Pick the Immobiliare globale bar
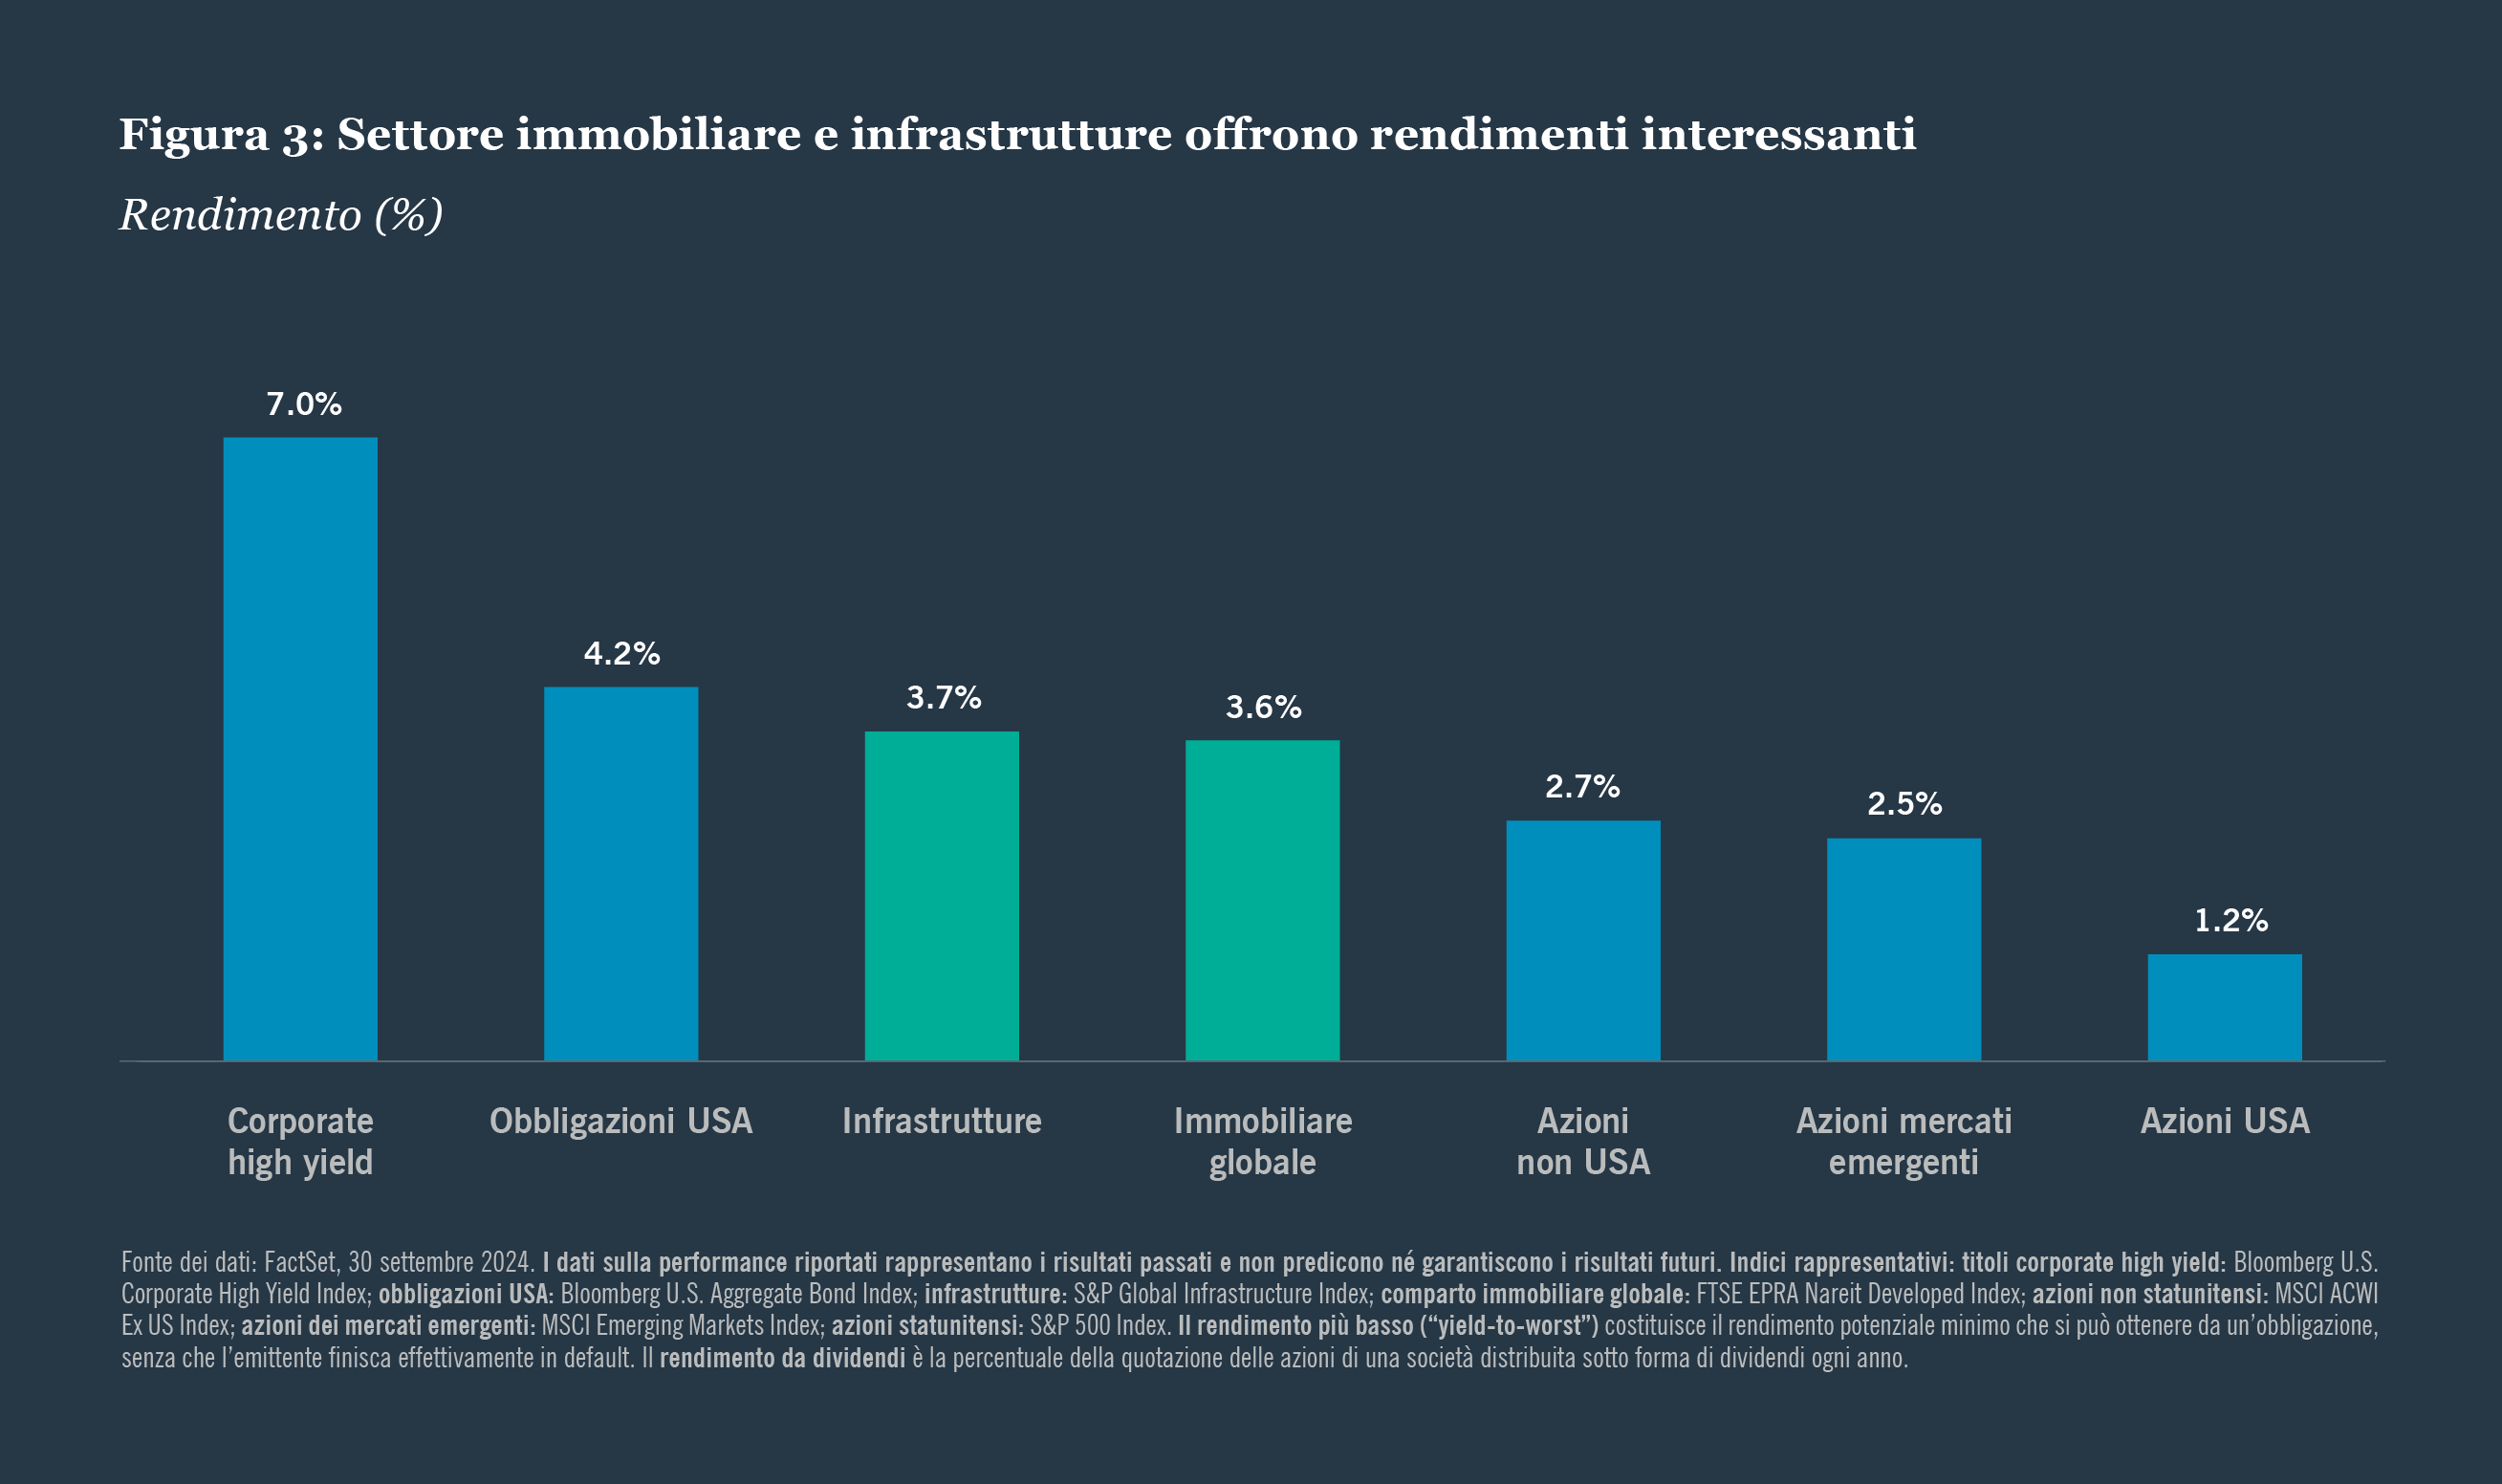(1263, 900)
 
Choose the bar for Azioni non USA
(1583, 940)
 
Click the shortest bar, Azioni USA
(2225, 1007)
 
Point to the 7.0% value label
(304, 404)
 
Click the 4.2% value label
(621, 654)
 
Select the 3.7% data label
(944, 698)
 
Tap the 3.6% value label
(1264, 708)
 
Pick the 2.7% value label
(1582, 787)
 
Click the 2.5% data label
(1904, 804)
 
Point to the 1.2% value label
(2231, 920)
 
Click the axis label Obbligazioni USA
(620, 1121)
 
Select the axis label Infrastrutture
(942, 1121)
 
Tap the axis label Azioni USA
(2225, 1121)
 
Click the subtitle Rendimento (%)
(281, 215)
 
